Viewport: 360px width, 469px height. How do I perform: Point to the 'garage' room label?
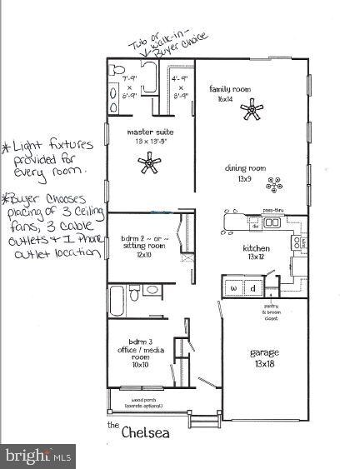[x=266, y=352]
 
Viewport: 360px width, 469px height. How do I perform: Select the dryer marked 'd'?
[x=253, y=288]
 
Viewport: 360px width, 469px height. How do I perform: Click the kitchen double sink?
[x=272, y=222]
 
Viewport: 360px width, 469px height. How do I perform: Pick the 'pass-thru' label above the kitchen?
[x=273, y=210]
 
